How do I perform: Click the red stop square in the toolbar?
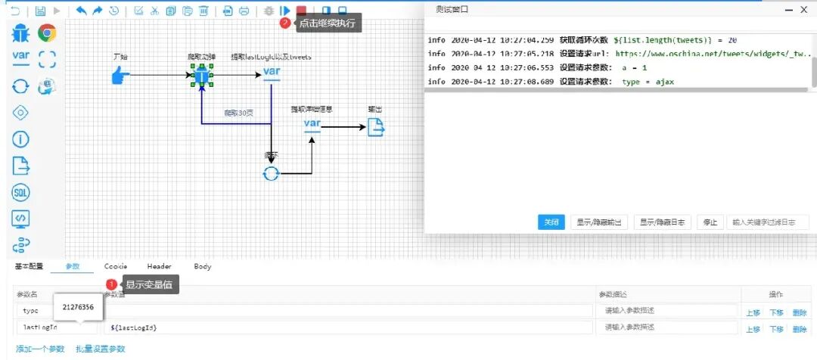coord(301,11)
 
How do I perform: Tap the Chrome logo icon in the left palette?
coord(48,33)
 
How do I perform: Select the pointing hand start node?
coord(120,75)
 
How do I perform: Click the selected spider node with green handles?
coord(201,75)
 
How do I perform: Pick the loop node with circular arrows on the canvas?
coord(271,173)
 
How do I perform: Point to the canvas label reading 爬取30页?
coord(238,113)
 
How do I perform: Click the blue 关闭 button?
coord(551,222)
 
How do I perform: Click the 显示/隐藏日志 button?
coord(662,222)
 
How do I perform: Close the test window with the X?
coord(803,9)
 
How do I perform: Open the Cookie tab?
coord(116,266)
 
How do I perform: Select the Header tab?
coord(159,266)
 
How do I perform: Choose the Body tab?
coord(203,266)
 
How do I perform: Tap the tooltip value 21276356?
coord(78,307)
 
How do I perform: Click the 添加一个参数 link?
coord(40,349)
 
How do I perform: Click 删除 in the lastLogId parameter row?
coord(800,329)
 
